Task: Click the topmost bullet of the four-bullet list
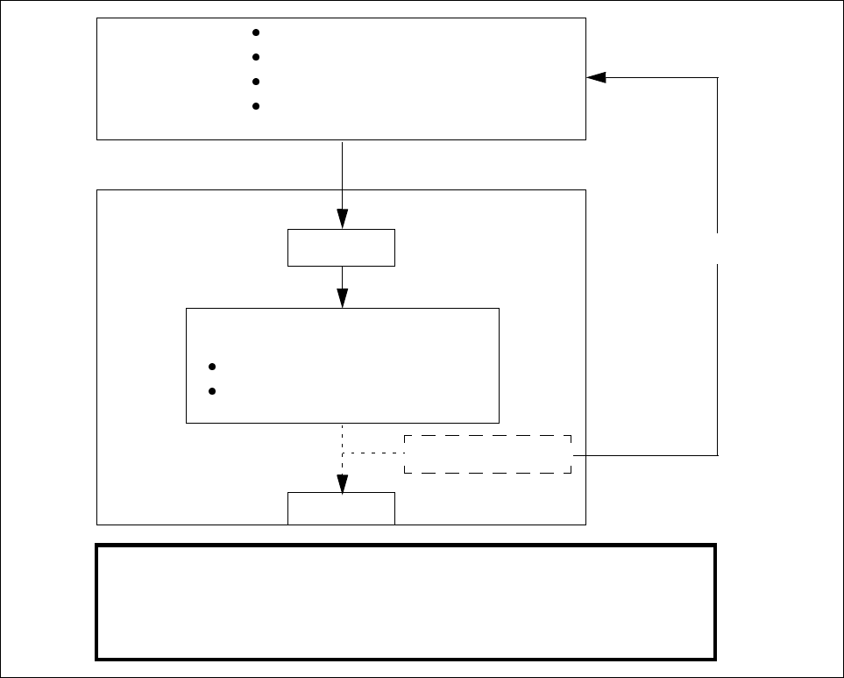[256, 32]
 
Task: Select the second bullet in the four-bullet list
[256, 57]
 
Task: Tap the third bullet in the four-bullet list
[256, 82]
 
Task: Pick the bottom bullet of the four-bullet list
[256, 106]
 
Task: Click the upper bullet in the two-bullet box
[213, 367]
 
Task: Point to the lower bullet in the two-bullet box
[213, 391]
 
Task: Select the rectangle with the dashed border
[487, 454]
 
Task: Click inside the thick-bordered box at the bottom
[406, 602]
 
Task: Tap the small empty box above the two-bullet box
[341, 247]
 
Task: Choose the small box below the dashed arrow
[341, 509]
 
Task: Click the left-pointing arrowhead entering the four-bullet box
[596, 77]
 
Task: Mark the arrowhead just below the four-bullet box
[342, 218]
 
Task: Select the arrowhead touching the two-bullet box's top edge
[342, 298]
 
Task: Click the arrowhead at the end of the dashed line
[342, 483]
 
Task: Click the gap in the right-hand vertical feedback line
[718, 248]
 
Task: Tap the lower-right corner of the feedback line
[718, 455]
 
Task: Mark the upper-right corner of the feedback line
[718, 77]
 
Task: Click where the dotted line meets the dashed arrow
[342, 453]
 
